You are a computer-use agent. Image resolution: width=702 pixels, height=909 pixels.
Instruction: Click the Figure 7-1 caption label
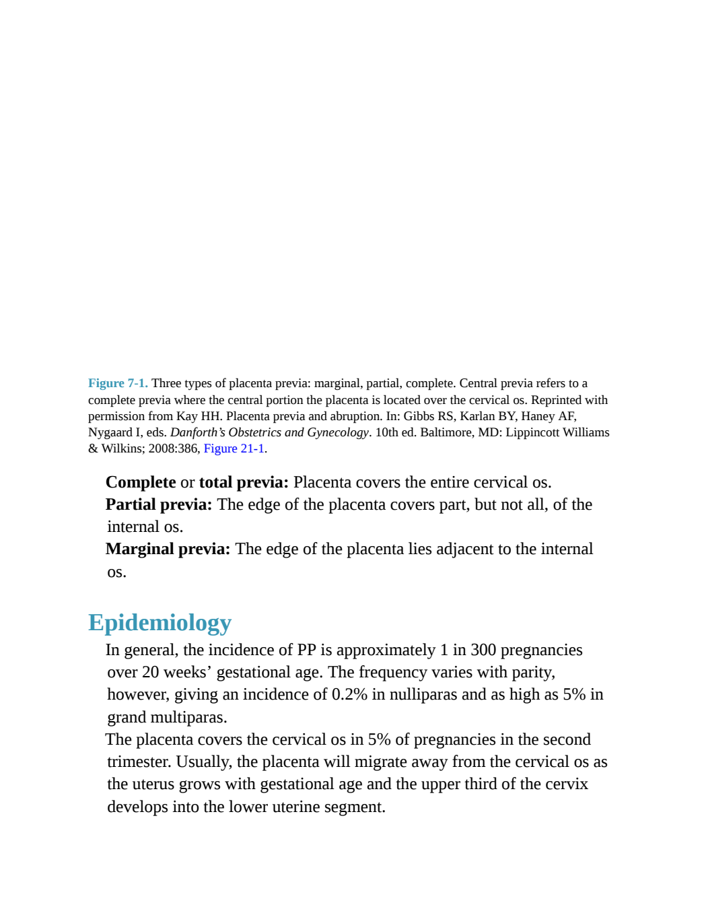[x=118, y=382]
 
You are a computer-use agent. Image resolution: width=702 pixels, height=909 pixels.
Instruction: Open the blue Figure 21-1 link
[x=234, y=448]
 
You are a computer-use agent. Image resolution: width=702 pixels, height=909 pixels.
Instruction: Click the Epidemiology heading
[x=160, y=622]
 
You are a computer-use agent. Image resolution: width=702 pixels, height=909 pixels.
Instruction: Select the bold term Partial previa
[x=159, y=504]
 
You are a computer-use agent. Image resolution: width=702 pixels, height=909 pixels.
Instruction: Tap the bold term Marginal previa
[x=168, y=549]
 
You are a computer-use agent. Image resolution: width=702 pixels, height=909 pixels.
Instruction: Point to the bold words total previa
[x=244, y=482]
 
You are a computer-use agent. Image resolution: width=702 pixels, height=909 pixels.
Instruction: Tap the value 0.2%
[x=349, y=694]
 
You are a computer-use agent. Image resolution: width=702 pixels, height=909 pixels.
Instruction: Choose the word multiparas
[x=188, y=717]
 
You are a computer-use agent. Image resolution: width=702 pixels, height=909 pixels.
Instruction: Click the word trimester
[x=139, y=762]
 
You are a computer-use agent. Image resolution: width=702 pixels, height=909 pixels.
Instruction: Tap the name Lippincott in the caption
[x=532, y=432]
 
